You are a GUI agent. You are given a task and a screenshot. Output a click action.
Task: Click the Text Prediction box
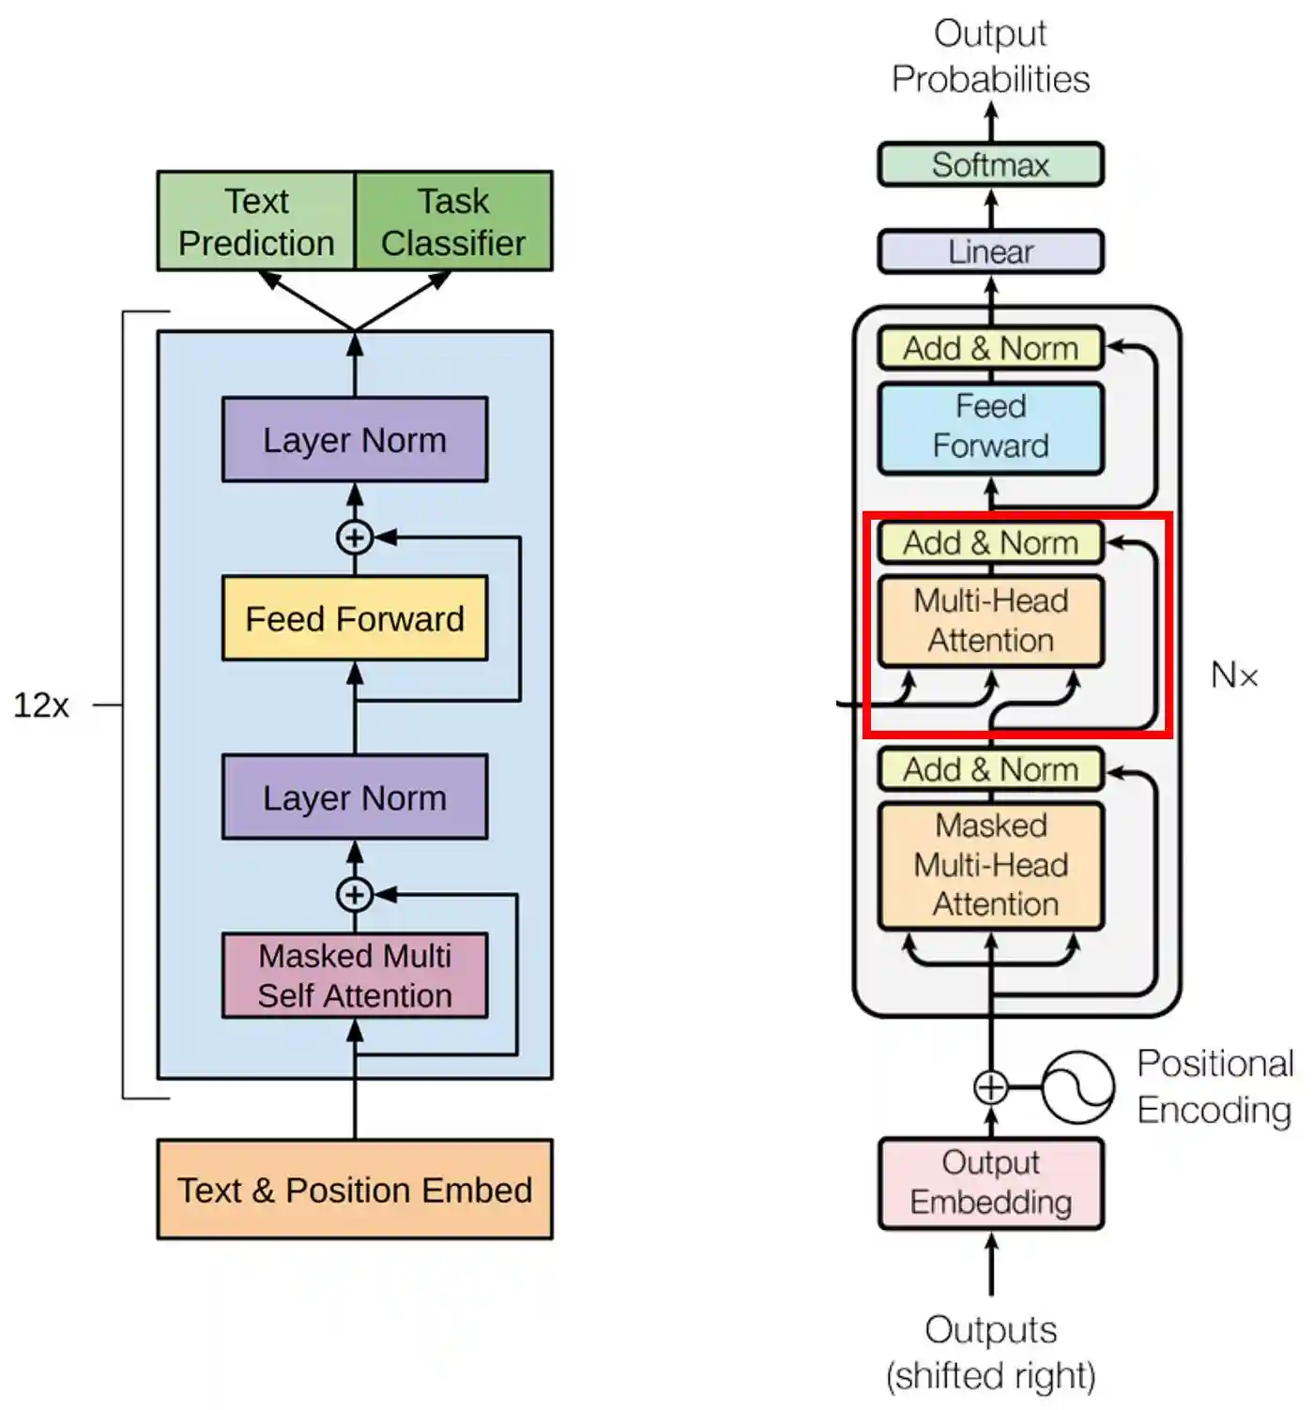256,221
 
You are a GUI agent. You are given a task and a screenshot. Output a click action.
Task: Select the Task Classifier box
453,221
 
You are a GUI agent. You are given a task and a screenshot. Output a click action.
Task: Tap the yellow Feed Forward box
355,618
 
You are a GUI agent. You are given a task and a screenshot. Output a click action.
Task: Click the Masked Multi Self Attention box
355,976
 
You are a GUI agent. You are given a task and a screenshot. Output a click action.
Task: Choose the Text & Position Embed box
355,1190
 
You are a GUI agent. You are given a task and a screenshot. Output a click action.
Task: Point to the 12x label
41,705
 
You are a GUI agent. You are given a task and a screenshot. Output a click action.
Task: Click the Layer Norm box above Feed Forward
355,440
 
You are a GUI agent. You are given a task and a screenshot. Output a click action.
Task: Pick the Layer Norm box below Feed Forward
355,797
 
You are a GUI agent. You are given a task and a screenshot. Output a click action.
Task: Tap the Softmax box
990,165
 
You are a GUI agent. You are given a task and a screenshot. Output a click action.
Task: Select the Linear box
990,251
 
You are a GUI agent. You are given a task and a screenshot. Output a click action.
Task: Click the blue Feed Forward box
990,427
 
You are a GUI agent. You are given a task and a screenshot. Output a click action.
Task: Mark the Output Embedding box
990,1183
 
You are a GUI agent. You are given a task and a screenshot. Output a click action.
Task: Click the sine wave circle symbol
1077,1087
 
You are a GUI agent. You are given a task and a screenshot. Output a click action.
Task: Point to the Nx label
1233,675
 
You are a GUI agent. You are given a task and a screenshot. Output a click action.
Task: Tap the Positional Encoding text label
1215,1086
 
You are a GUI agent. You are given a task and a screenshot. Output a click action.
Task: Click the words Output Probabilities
990,56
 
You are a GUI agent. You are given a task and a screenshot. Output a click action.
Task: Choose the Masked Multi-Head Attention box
990,865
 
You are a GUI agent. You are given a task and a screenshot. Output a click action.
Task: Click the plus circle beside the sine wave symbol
991,1087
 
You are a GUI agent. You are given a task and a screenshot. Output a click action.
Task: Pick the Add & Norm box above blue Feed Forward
990,348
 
